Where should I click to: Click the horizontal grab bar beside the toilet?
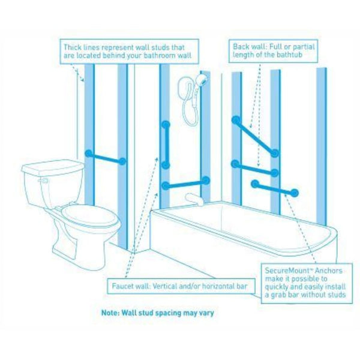[x=106, y=157]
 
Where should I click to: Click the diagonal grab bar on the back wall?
[x=255, y=136]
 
